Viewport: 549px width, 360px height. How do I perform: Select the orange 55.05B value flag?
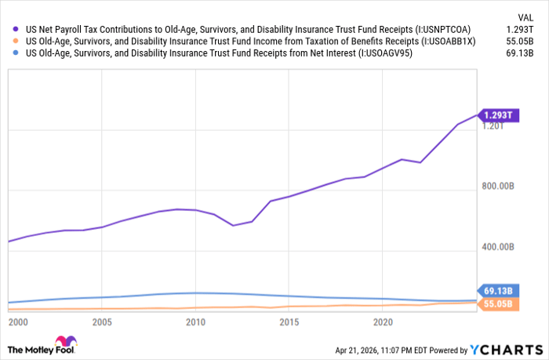coord(496,304)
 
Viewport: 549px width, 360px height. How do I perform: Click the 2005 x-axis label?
coord(101,322)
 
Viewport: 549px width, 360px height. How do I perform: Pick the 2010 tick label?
coord(195,322)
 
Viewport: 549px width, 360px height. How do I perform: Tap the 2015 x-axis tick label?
coord(289,322)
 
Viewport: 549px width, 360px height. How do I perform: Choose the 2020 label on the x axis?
coord(384,322)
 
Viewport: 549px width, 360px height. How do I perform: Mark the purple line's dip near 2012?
coord(233,226)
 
